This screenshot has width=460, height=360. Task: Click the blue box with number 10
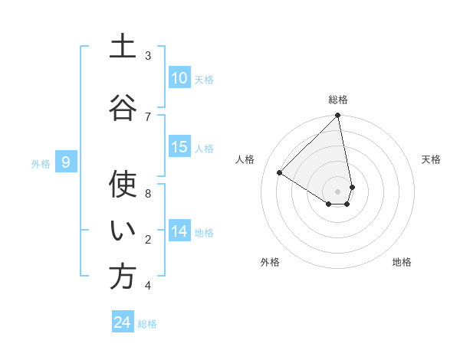[179, 78]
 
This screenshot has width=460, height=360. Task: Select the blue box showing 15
[179, 148]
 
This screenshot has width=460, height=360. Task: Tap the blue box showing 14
[179, 231]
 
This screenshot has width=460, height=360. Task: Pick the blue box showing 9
[66, 162]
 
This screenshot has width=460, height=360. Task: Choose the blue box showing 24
[123, 322]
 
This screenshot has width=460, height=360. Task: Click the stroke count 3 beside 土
[148, 56]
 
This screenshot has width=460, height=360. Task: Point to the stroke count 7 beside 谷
[148, 116]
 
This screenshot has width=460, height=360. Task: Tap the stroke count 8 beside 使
[148, 193]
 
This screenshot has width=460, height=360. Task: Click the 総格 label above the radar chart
[338, 100]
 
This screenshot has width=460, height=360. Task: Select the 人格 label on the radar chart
[245, 159]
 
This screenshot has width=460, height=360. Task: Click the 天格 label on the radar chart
[432, 159]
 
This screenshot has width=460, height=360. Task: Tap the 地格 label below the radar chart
[402, 262]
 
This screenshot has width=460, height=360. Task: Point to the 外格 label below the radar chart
[270, 262]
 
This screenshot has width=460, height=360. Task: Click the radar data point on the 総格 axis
[338, 116]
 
